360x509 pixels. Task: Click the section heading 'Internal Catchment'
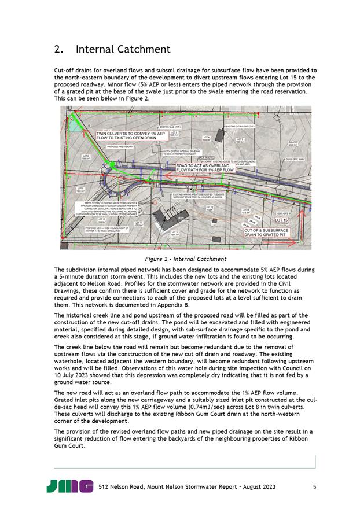pyautogui.click(x=123, y=49)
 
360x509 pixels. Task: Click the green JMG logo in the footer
pyautogui.click(x=70, y=486)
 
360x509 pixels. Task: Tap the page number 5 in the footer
pyautogui.click(x=314, y=486)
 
